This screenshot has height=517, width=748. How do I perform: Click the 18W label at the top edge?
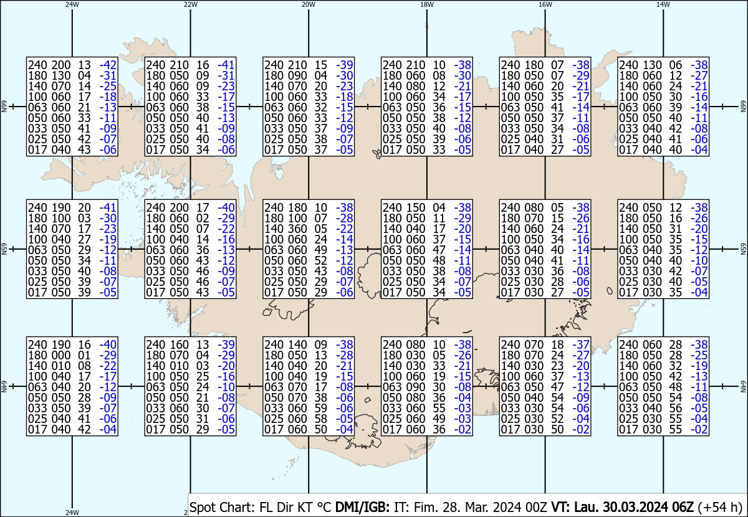pos(427,4)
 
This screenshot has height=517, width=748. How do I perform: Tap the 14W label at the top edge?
pos(663,4)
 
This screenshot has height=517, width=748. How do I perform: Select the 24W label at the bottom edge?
pos(72,512)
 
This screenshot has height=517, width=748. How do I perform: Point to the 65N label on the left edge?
pos(4,249)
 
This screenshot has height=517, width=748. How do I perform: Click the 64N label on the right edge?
pos(743,386)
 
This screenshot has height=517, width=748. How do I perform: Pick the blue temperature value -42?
pos(108,65)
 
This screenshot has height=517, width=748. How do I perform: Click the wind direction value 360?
pos(297,229)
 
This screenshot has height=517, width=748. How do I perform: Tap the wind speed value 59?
pos(320,408)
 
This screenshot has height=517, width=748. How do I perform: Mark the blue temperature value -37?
pos(581,344)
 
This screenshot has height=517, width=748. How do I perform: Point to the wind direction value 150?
pos(416,207)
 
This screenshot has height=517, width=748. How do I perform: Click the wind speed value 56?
pos(675,408)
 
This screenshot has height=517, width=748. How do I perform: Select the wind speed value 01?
pos(84,355)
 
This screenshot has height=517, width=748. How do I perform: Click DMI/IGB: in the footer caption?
pos(362,507)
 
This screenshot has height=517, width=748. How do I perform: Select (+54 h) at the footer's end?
pos(719,507)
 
